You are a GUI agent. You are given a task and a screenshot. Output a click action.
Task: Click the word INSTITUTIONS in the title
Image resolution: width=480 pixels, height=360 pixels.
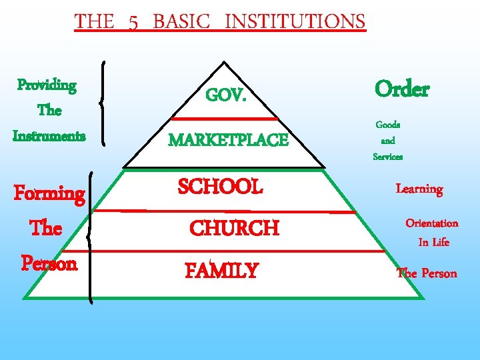click(295, 21)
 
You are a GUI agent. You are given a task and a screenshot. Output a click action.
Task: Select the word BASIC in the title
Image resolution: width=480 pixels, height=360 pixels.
click(181, 21)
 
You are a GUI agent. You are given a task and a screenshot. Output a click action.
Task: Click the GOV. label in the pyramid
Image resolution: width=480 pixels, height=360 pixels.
click(227, 96)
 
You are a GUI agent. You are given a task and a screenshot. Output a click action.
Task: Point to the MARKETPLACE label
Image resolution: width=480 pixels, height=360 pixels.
click(229, 141)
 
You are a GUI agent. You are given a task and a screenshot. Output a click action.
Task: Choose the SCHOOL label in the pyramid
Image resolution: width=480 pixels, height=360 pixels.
click(220, 187)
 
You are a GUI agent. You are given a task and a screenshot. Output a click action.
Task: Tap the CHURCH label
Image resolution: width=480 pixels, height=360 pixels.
click(234, 229)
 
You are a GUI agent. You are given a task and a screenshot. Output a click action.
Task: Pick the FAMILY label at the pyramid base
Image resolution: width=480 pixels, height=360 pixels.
click(221, 271)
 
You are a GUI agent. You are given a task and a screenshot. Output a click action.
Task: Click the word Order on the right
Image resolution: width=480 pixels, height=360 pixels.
click(402, 89)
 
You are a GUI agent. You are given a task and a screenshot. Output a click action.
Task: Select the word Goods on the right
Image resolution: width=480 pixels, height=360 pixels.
click(387, 125)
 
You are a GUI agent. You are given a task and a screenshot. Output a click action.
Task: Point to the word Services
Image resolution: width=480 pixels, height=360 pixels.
click(387, 157)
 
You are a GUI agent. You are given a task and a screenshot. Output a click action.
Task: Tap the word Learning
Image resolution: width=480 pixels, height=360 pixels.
click(419, 189)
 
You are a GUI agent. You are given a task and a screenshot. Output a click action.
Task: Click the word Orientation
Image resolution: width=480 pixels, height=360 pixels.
click(432, 223)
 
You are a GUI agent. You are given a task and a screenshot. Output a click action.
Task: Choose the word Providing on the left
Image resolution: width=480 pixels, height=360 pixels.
click(47, 86)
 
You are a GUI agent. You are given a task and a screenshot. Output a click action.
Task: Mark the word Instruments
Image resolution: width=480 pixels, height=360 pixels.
click(49, 136)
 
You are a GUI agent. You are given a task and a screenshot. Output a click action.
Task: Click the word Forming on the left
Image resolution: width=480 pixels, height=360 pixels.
click(49, 194)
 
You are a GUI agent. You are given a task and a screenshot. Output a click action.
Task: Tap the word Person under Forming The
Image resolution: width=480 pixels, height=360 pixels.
click(49, 263)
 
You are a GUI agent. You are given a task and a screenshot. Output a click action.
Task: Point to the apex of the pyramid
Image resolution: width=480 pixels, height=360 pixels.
click(224, 63)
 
